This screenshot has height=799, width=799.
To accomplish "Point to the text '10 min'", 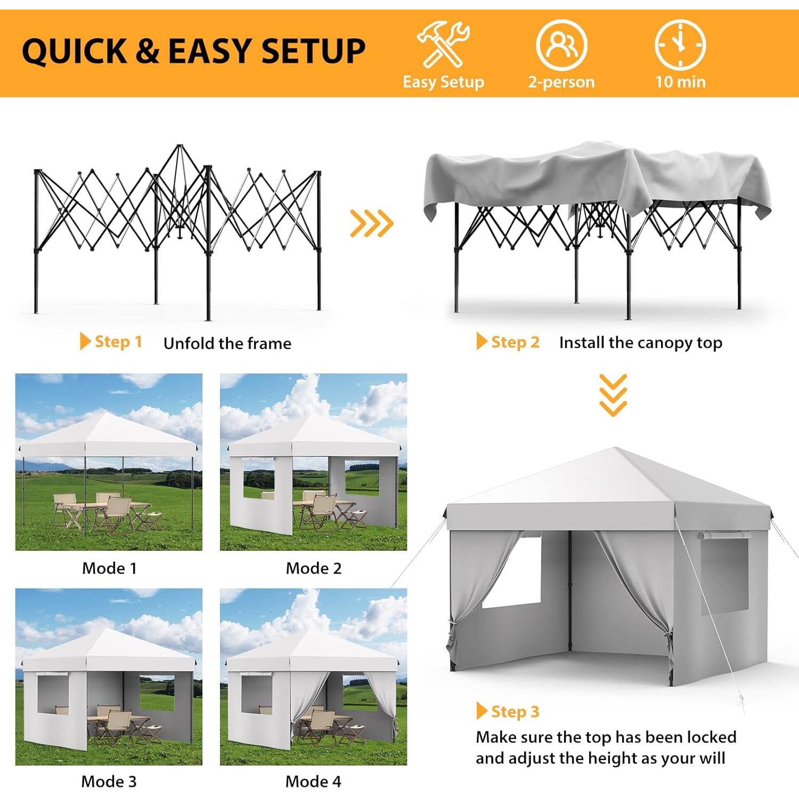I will pyautogui.click(x=680, y=81).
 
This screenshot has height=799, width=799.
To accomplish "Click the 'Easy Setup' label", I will pyautogui.click(x=443, y=81).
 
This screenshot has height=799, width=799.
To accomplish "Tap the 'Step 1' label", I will pyautogui.click(x=111, y=341).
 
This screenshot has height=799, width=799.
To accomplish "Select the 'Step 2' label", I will pyautogui.click(x=508, y=342).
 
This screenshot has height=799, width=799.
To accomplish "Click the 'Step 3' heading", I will pyautogui.click(x=508, y=712).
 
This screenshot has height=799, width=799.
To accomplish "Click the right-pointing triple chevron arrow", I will pyautogui.click(x=372, y=223).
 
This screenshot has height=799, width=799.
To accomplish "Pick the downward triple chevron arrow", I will pyautogui.click(x=613, y=395).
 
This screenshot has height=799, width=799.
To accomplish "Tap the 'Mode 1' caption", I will pyautogui.click(x=109, y=568).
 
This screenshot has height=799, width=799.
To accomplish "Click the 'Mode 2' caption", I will pyautogui.click(x=314, y=568).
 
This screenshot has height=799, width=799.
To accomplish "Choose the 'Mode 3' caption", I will pyautogui.click(x=109, y=781).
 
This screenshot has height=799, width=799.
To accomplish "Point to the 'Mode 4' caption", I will pyautogui.click(x=313, y=781).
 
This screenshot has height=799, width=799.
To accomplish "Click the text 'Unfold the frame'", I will pyautogui.click(x=227, y=344).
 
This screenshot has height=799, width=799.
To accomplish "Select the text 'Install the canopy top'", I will pyautogui.click(x=641, y=343).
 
